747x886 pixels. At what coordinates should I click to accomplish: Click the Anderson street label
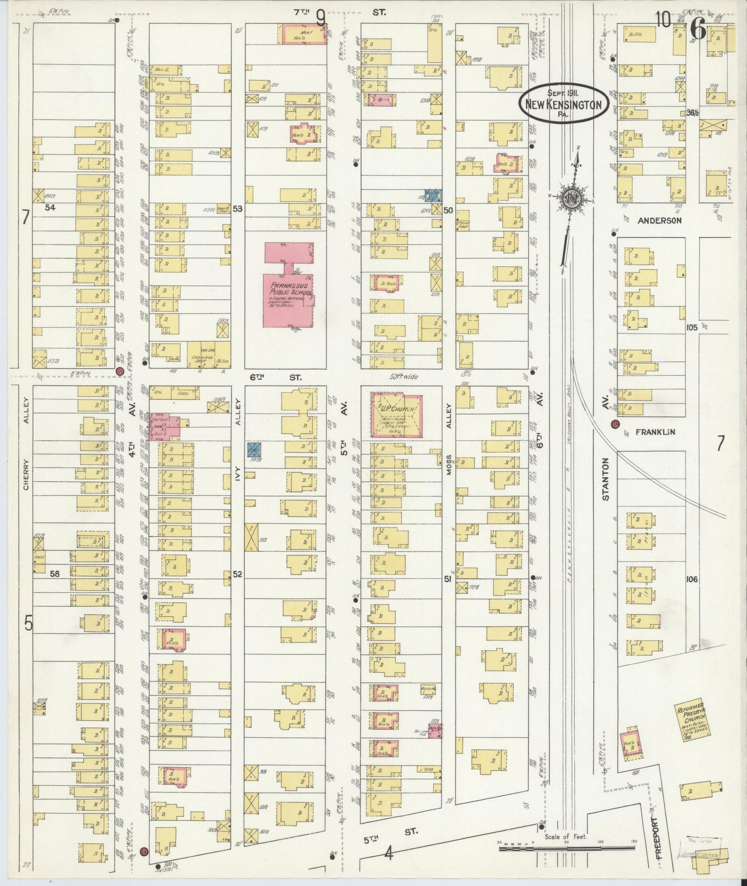click(659, 220)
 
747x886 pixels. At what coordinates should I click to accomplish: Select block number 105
click(692, 327)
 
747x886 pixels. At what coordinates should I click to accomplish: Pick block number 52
click(237, 574)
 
